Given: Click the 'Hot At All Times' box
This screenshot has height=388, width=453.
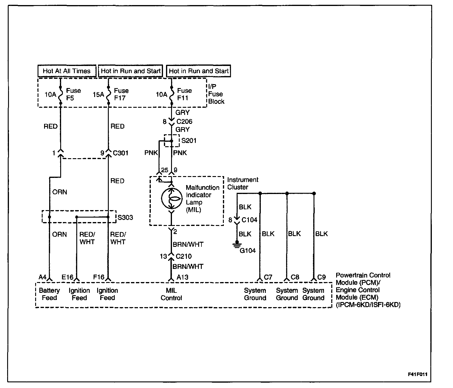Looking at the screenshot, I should coord(67,71).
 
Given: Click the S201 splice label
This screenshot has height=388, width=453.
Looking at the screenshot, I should coord(189,141).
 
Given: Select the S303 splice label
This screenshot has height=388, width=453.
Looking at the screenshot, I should coord(125,218).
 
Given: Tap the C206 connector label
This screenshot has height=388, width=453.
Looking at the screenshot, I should coord(184,121).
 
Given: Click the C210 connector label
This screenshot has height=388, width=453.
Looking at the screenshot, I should coord(184,256).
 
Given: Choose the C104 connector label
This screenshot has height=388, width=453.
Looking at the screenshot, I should coord(249,220).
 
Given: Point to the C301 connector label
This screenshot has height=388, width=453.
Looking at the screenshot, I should coord(120,153).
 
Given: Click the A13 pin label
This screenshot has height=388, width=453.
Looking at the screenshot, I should coord(182,277).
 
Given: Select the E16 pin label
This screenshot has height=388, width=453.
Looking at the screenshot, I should coord(67,277).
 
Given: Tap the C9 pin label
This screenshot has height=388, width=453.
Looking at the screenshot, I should coord(322,277).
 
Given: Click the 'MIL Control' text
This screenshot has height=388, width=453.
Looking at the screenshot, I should coord(171,294).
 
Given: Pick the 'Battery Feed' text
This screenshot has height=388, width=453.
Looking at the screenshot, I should coord(49,294).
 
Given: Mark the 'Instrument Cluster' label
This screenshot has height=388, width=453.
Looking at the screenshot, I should coord(242,183).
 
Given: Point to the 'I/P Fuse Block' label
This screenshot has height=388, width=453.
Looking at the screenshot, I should coord(216,94).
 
